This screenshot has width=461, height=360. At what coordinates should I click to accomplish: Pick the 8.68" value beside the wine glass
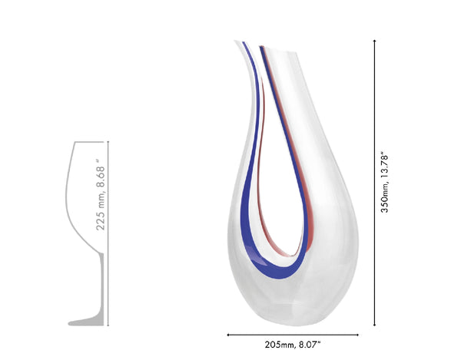(100, 173)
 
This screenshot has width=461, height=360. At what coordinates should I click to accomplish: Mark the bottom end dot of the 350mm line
(374, 325)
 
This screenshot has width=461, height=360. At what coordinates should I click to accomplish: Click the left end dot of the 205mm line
(228, 335)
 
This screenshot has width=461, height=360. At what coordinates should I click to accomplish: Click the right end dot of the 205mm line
(358, 335)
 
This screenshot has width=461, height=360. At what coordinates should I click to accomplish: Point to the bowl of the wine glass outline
(85, 192)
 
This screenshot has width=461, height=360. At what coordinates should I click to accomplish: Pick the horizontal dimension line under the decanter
(293, 335)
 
